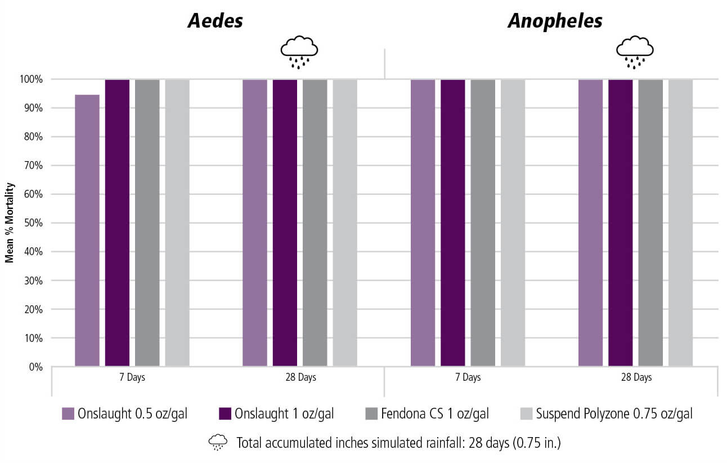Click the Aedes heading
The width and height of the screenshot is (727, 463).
tap(216, 21)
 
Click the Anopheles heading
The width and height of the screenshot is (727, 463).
tap(555, 21)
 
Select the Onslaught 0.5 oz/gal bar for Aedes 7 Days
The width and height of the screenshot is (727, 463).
tap(87, 231)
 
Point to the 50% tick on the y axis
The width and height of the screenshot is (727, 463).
tap(32, 223)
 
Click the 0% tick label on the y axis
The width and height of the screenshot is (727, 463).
tap(35, 367)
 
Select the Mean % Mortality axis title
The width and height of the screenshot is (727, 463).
tap(10, 223)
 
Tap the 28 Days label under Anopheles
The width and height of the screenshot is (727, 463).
tap(636, 377)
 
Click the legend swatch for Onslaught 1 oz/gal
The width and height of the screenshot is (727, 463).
tap(225, 414)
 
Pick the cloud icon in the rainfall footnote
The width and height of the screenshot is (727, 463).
tap(217, 443)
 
